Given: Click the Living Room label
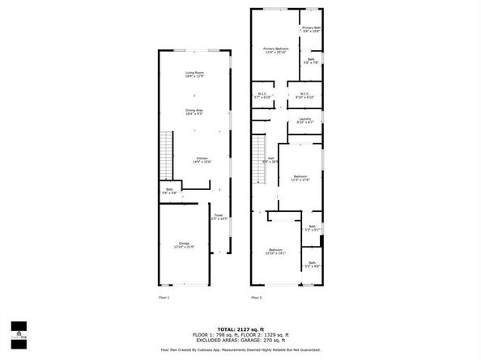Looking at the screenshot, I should [194, 74].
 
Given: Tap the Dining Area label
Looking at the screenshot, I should [194, 112].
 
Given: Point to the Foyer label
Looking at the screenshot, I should [219, 217].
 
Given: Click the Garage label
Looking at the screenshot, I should [184, 245].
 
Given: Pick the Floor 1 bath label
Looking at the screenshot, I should [169, 191].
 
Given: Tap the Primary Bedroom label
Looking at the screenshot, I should [275, 51].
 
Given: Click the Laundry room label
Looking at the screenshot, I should [305, 121].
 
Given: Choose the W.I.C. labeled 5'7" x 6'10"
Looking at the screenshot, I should [263, 95].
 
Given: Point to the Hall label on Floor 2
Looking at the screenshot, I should [271, 159].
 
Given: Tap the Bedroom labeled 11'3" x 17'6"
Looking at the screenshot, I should [300, 178].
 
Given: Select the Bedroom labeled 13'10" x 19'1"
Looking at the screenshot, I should [275, 251].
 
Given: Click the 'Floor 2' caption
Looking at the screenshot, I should [257, 298].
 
